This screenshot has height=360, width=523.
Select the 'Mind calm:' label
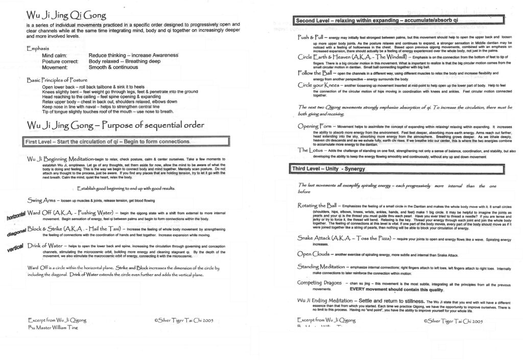[57, 55]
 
